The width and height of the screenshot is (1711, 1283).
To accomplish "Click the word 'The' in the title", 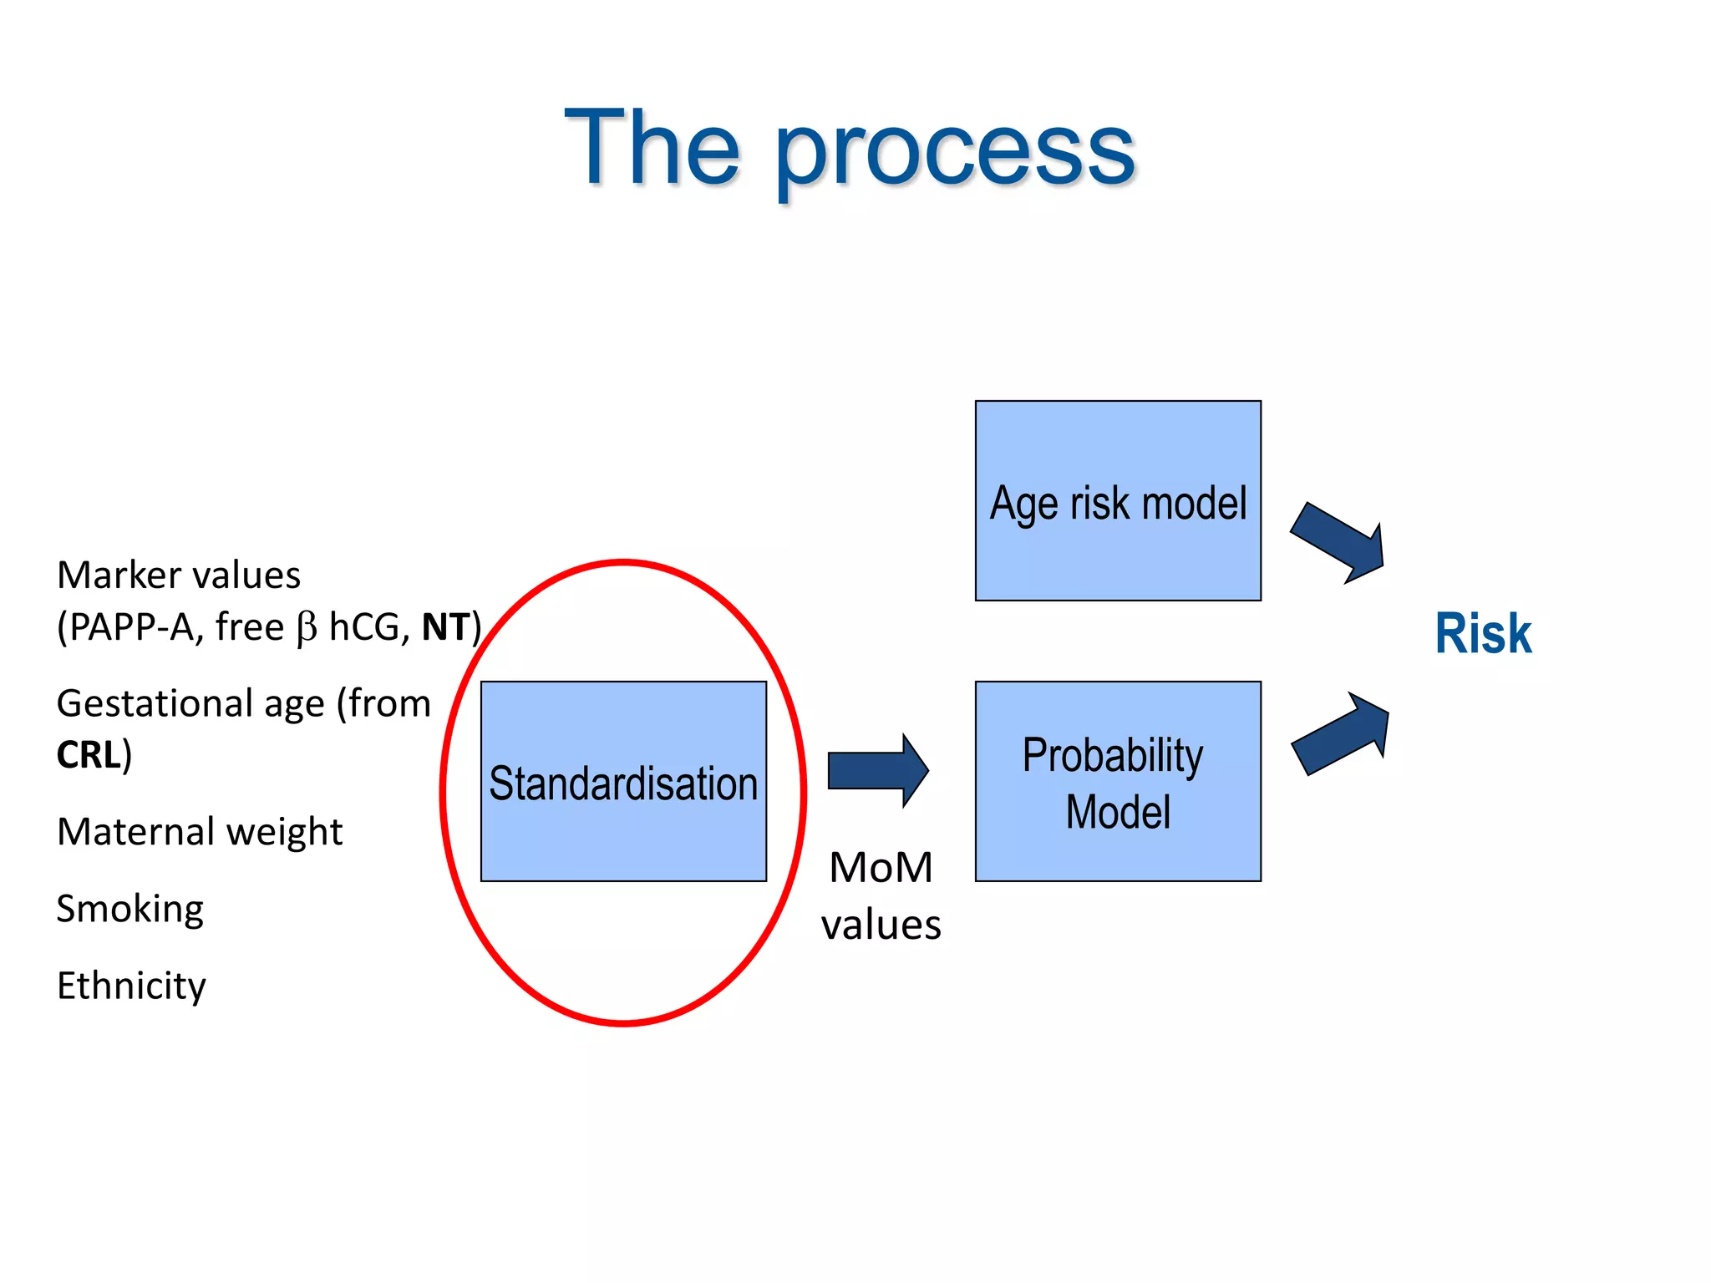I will tap(652, 149).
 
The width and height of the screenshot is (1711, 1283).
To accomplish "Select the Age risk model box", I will tap(1118, 501).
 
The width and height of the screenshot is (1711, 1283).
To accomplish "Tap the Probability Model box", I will tap(1118, 782).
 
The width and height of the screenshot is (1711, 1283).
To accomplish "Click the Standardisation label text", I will tap(623, 783).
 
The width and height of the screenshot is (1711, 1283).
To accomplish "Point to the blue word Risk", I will tap(1483, 633).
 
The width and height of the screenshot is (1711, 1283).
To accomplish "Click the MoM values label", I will tap(881, 895).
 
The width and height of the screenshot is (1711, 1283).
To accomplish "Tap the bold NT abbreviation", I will tap(445, 627).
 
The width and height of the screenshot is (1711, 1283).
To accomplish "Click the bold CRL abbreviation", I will tap(88, 755).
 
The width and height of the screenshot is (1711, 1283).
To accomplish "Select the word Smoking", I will tap(129, 909).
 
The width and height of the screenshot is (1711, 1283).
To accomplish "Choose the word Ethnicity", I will tap(131, 986).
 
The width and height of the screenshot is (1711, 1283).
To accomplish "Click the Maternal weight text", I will tap(200, 832).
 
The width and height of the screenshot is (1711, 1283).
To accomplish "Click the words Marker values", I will tap(179, 576).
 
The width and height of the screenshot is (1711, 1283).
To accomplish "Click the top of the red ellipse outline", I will tap(623, 562).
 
